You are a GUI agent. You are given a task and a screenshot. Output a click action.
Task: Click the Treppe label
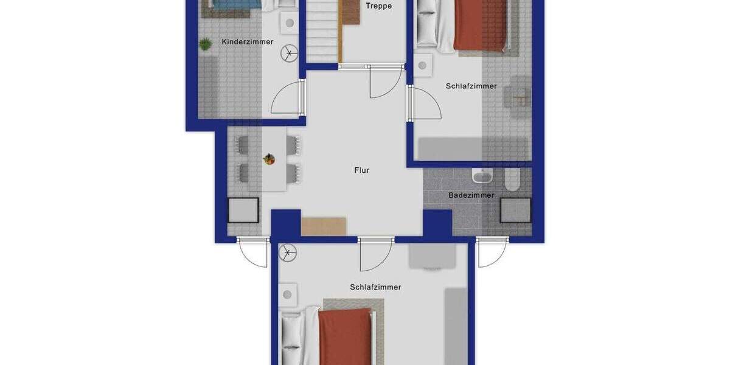click(378, 6)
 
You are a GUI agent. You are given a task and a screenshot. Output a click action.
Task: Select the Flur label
click(362, 170)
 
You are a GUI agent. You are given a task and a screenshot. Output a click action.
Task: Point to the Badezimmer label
click(471, 195)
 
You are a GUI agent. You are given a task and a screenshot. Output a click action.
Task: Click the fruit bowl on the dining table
click(269, 159)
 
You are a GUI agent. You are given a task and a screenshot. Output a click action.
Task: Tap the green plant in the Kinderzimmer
click(205, 44)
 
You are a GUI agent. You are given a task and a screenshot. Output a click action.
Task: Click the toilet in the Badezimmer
click(513, 177)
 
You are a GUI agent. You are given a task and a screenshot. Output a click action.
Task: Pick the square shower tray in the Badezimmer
click(516, 210)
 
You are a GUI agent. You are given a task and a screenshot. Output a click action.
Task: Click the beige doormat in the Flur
click(324, 226)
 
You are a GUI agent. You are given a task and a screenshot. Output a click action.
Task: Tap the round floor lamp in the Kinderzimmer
click(289, 54)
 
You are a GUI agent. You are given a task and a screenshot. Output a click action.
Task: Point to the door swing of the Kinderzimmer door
click(286, 99)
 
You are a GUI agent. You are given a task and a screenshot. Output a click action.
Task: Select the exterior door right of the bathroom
click(492, 252)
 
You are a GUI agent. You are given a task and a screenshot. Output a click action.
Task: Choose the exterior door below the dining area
click(253, 252)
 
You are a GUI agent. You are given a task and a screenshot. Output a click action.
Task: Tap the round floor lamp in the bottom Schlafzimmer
click(288, 252)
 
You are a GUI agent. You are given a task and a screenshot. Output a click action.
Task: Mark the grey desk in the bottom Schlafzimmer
click(432, 255)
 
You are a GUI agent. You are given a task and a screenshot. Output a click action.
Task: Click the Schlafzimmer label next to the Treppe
click(471, 86)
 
